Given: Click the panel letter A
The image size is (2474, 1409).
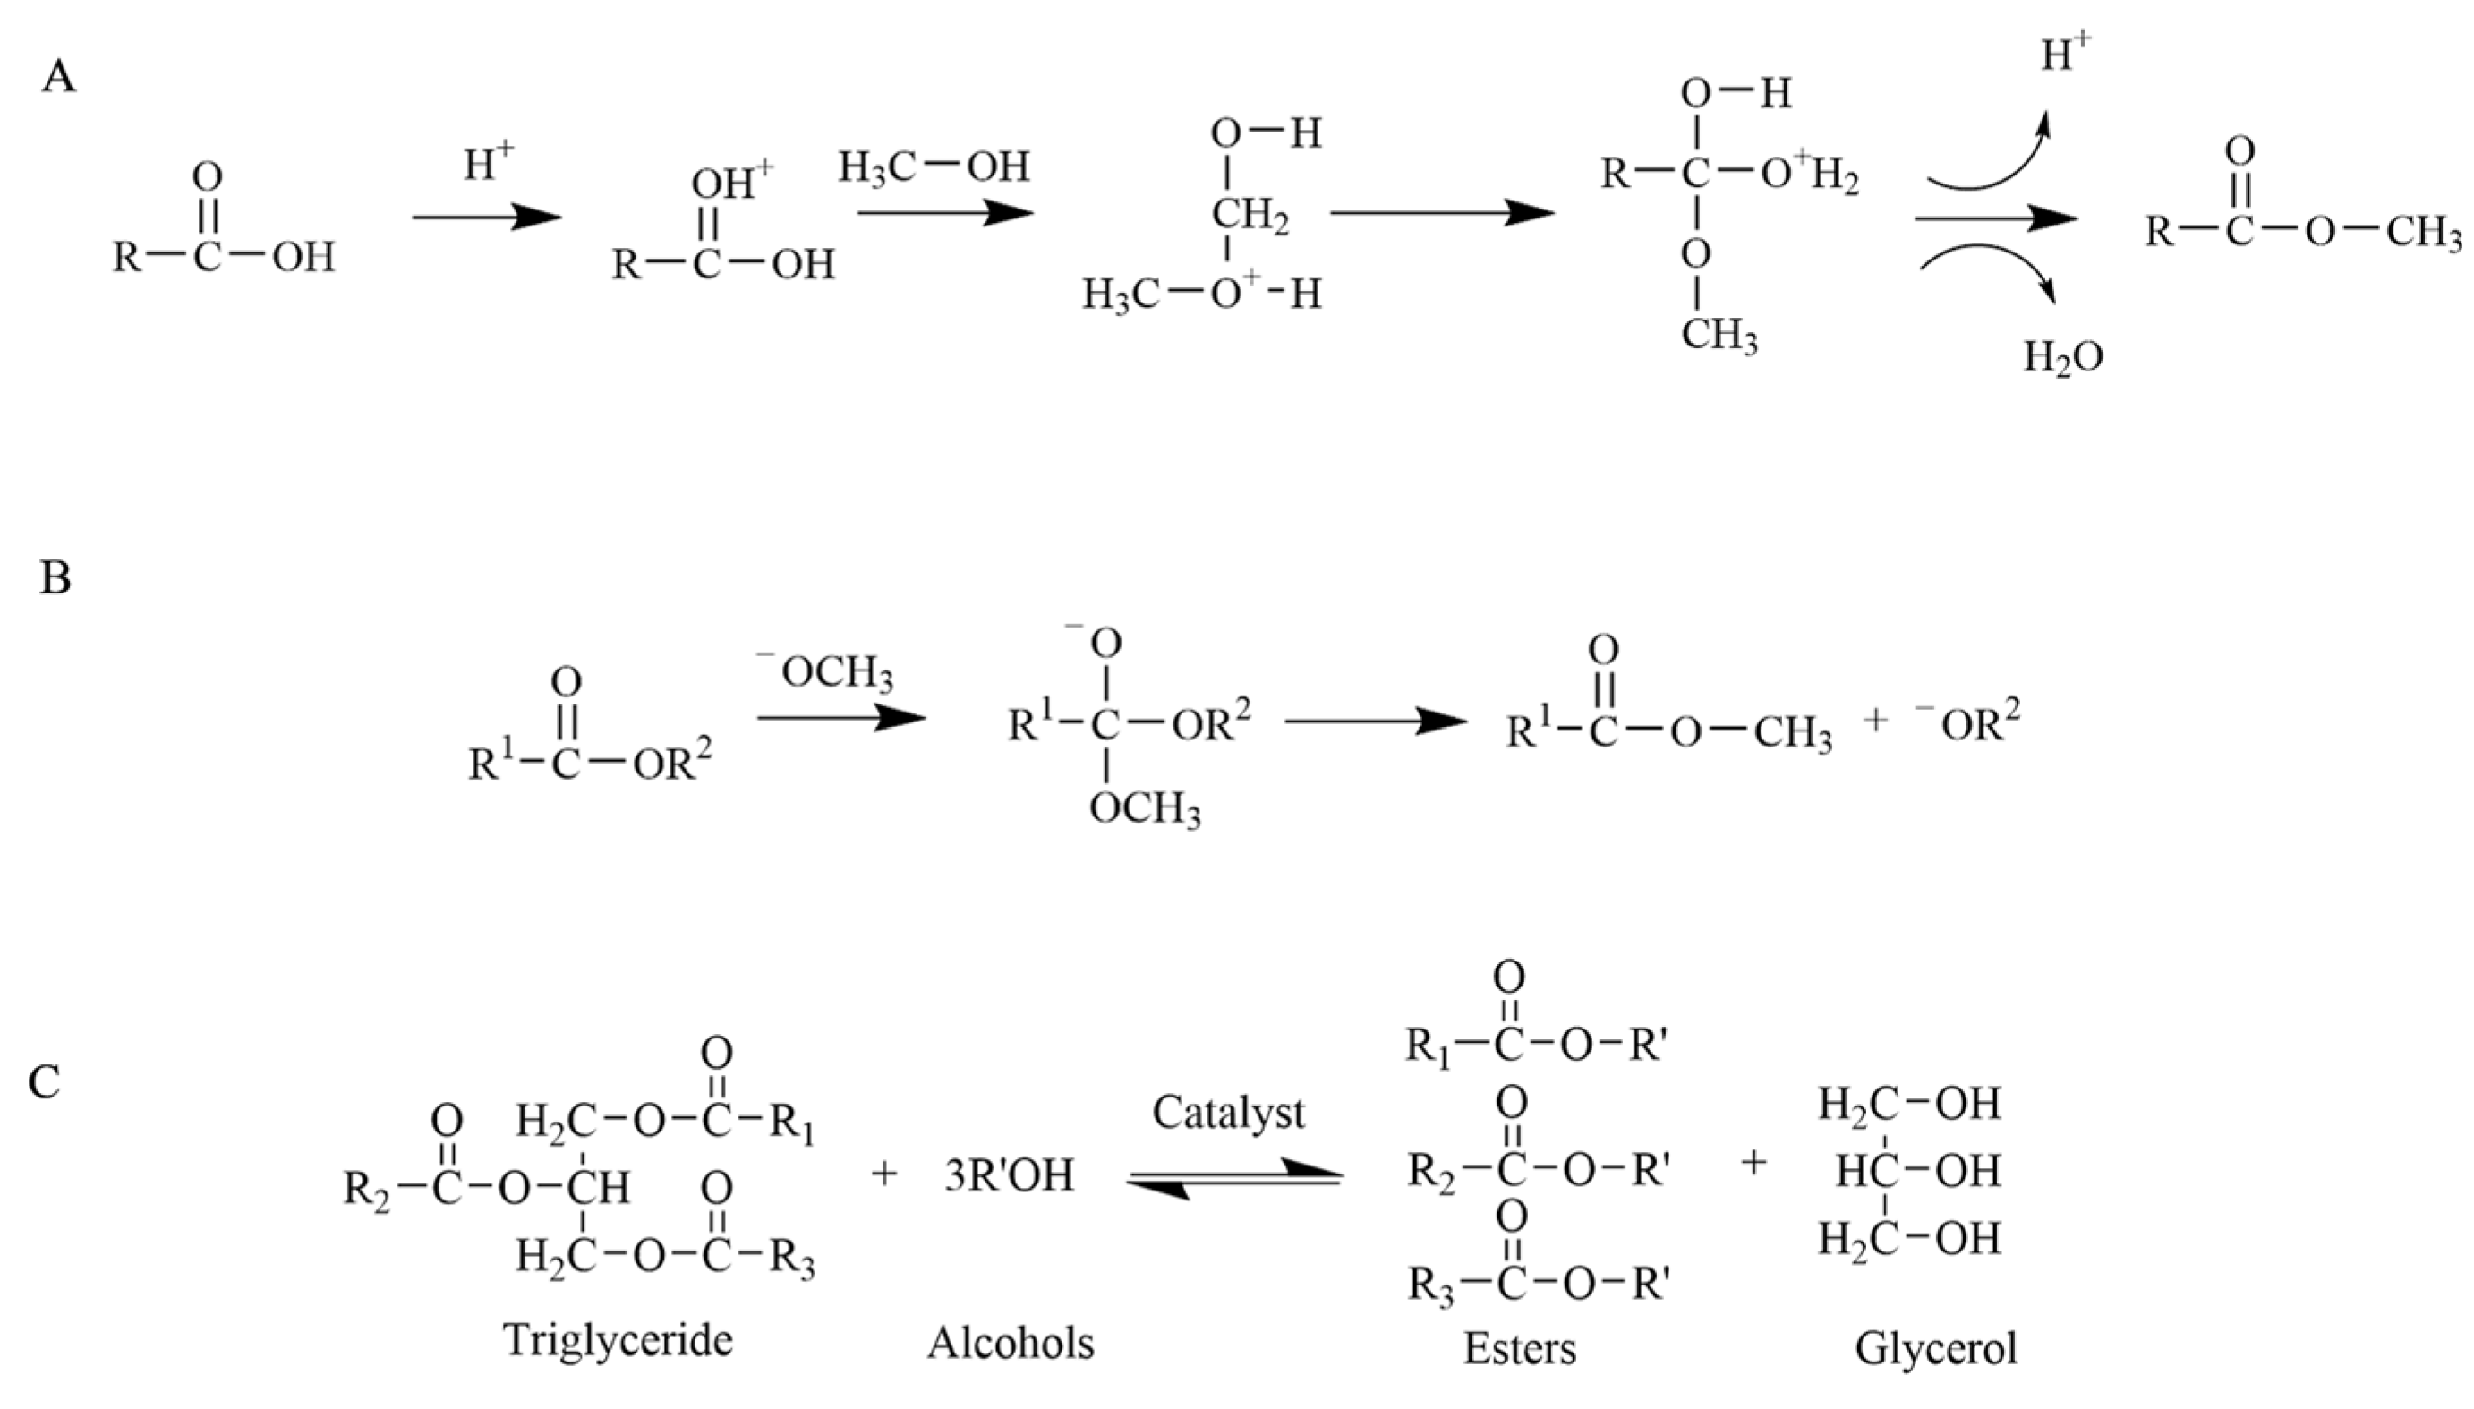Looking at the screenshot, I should point(58,76).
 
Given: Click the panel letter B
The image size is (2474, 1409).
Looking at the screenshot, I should point(55,577).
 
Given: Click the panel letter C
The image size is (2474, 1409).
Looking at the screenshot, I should point(45,1083).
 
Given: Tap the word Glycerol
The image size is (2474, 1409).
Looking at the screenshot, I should point(1935,1348).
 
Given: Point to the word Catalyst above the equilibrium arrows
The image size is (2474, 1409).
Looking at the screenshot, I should point(1227,1113).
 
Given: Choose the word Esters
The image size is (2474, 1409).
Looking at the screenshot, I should point(1519,1348).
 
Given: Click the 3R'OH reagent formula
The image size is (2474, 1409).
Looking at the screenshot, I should point(1008,1175).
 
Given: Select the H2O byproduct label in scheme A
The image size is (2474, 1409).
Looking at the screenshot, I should point(2063,358).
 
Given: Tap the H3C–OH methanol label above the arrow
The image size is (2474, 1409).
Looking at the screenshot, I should point(933,167).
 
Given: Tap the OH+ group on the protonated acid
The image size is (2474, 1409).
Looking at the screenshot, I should point(731,183).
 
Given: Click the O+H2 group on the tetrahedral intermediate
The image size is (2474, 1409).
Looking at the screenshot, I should point(1809,175).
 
